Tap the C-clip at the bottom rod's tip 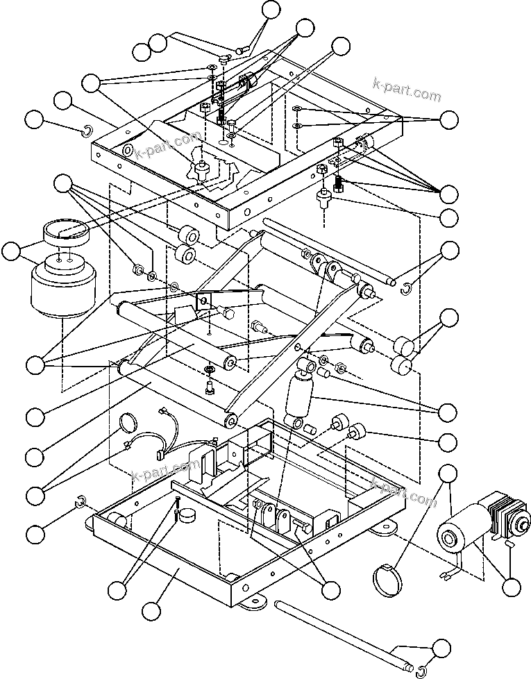(x=421, y=670)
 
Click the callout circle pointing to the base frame (x=151, y=611)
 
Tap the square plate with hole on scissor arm (x=204, y=301)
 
